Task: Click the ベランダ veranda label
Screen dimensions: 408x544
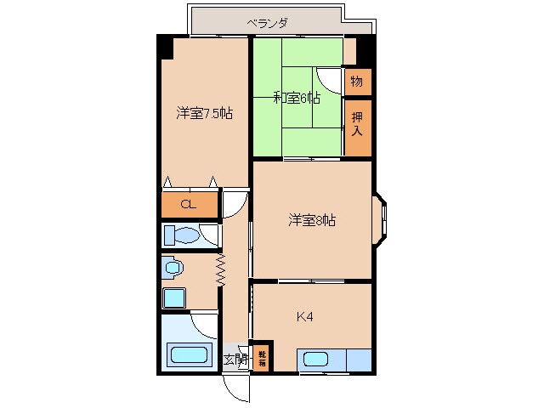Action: (x=267, y=23)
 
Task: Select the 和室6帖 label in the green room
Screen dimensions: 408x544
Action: (x=296, y=98)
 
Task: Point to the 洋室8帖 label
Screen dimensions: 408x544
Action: (x=310, y=221)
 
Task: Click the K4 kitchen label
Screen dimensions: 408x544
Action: (x=305, y=317)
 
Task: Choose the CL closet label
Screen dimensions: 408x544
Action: (x=190, y=205)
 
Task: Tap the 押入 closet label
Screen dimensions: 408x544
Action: (x=357, y=126)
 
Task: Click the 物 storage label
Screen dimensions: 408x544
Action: (x=357, y=82)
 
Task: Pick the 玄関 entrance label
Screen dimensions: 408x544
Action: (x=235, y=360)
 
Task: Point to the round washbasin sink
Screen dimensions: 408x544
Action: (x=174, y=268)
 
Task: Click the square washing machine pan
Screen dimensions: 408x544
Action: (x=174, y=298)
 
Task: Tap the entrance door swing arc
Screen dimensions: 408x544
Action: (x=239, y=388)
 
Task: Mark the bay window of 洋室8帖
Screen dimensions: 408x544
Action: (x=380, y=220)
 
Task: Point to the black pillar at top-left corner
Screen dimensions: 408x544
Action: (x=165, y=46)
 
